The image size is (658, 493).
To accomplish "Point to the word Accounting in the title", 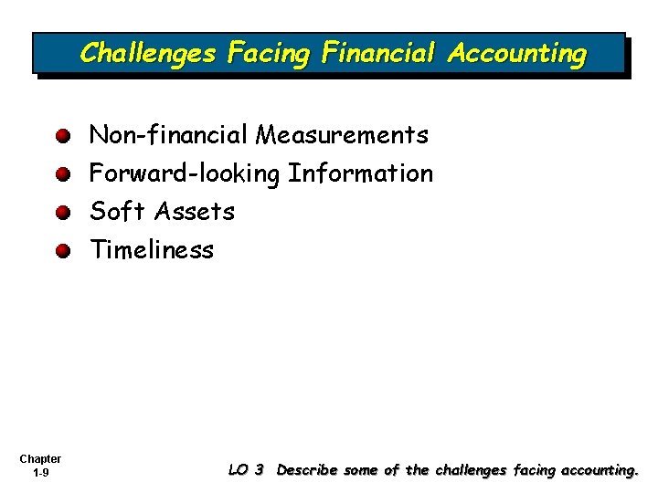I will click(x=517, y=54).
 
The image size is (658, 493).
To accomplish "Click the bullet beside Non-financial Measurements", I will click(x=61, y=137).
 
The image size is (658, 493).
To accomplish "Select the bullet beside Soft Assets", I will click(x=61, y=213).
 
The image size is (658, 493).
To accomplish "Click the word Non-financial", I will click(x=168, y=136).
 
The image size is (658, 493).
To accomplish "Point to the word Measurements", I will click(x=342, y=136).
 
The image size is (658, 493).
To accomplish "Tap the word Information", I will click(x=360, y=173).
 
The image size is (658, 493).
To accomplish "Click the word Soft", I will click(x=117, y=212).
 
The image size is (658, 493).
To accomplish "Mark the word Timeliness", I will click(x=151, y=250).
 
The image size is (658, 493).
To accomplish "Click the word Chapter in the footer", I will click(x=40, y=459).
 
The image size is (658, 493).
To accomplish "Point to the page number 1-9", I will click(x=40, y=473).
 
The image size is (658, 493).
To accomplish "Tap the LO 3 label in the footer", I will click(x=246, y=470).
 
